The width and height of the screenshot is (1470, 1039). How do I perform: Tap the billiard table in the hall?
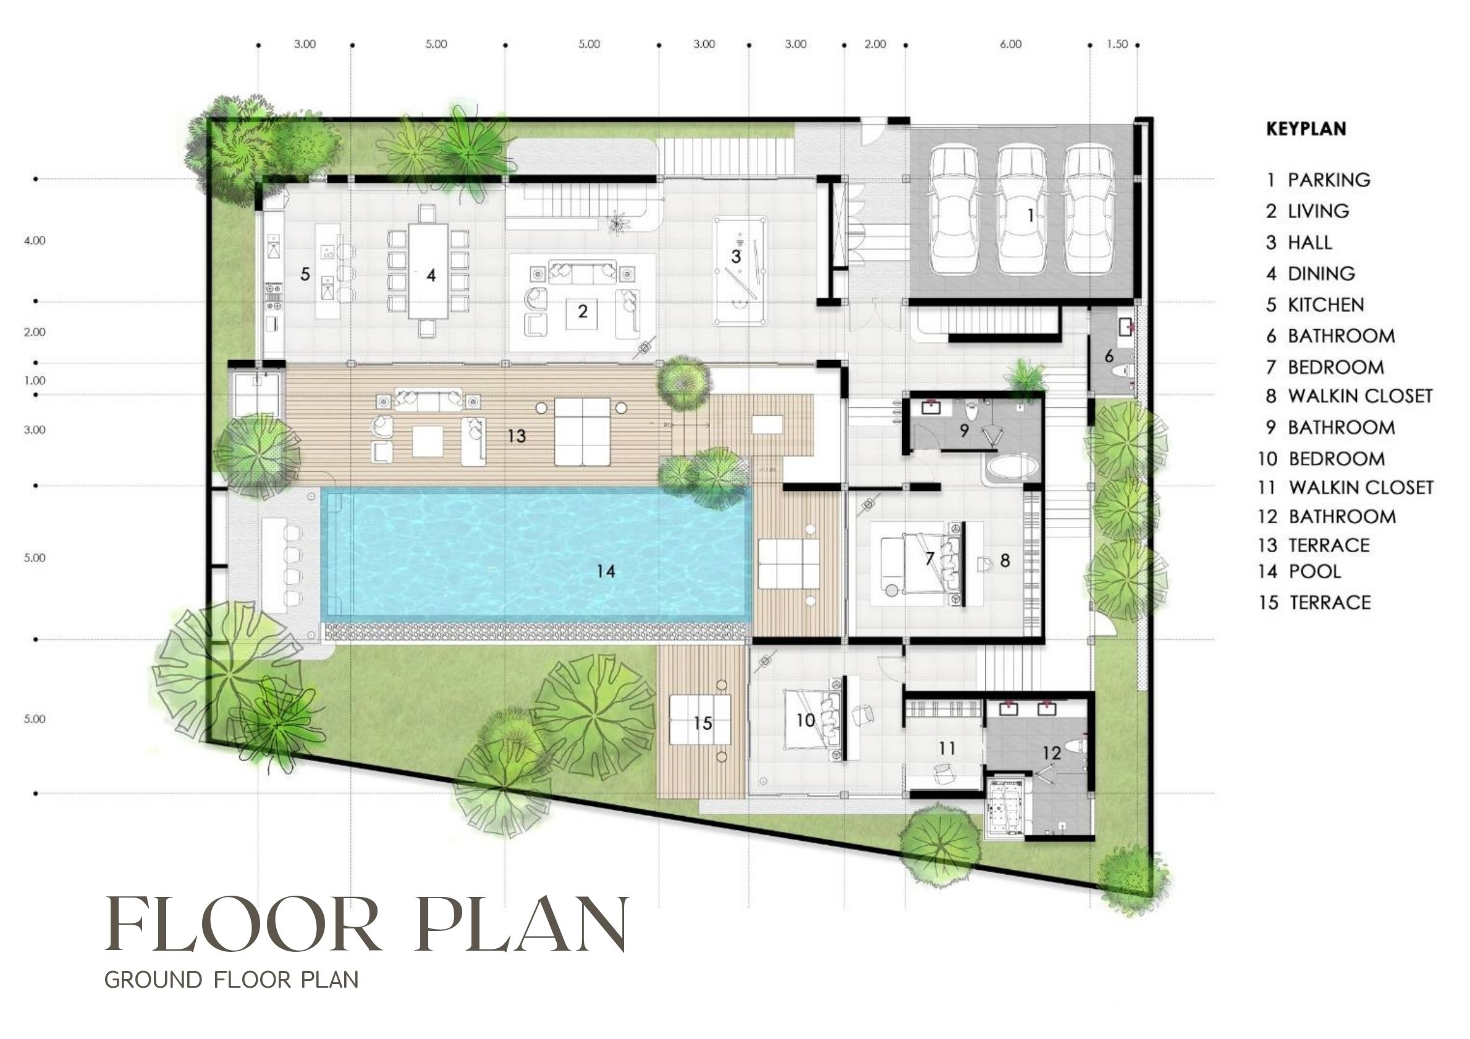740,271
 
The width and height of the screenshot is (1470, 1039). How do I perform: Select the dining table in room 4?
428,271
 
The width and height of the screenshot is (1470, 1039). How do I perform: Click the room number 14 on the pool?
606,571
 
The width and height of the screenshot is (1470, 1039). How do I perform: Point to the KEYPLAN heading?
1306,128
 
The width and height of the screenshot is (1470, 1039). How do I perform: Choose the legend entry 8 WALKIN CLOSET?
1349,397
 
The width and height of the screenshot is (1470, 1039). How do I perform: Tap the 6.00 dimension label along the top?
1010,44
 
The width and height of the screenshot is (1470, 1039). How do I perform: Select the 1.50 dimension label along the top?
1117,44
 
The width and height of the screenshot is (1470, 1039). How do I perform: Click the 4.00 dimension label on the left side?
35,241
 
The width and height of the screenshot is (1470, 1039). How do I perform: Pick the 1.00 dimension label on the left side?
35,381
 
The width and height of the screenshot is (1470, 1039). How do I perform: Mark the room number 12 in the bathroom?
1052,753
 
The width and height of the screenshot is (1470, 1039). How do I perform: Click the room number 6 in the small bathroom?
1109,356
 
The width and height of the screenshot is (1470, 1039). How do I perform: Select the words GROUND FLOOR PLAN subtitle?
231,980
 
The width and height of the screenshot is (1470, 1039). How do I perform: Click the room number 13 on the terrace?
517,436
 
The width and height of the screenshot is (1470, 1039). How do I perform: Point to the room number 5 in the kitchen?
305,274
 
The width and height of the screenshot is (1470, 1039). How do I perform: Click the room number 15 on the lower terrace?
703,723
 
